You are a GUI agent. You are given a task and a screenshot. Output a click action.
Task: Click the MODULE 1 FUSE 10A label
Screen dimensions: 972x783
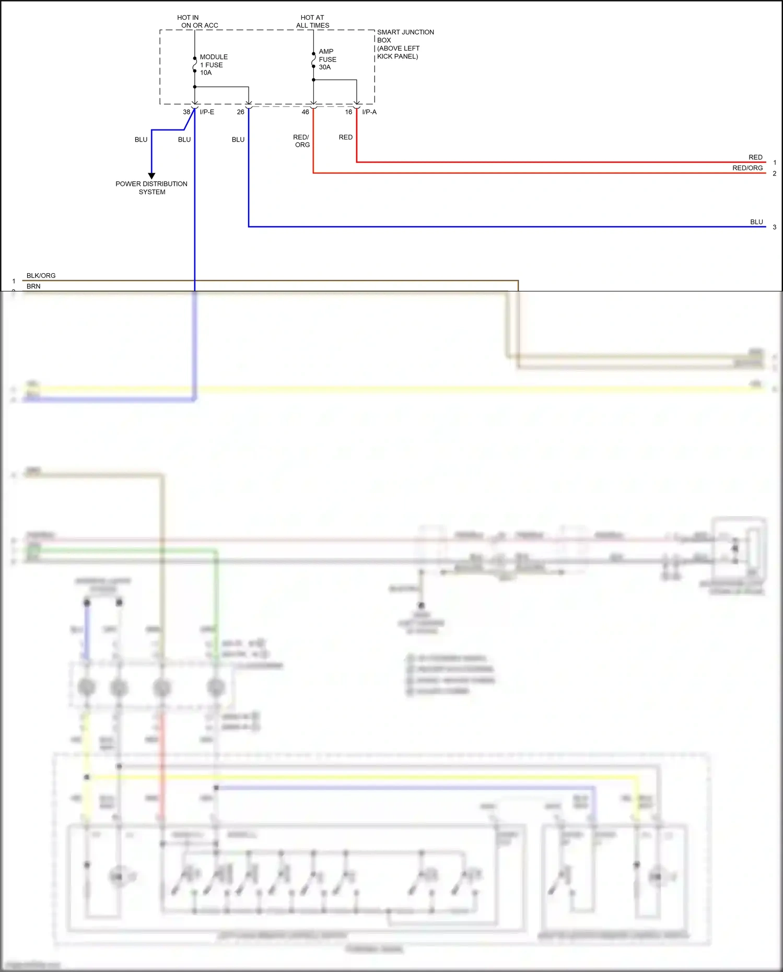point(213,65)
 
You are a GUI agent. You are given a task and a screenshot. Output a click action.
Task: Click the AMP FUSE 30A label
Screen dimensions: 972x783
point(327,59)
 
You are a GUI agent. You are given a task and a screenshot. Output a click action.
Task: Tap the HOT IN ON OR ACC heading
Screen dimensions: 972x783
point(198,21)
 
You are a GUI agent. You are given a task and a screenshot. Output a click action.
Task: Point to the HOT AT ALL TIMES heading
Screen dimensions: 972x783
point(312,21)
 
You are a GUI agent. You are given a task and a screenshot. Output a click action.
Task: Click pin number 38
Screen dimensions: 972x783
point(186,112)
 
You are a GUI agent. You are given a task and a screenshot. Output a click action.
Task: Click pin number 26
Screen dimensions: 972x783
point(240,112)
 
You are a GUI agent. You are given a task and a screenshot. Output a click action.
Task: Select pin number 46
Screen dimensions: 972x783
point(305,112)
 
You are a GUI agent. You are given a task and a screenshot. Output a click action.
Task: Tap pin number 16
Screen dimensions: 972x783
point(348,112)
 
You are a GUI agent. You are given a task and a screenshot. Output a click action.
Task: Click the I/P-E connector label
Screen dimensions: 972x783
point(207,112)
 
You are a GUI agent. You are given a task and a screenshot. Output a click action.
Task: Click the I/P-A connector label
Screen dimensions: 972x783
point(369,112)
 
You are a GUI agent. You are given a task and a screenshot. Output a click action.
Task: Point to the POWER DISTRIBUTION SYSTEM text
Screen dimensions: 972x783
point(151,188)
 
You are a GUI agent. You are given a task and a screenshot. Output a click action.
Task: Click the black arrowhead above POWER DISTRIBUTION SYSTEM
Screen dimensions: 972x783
point(151,176)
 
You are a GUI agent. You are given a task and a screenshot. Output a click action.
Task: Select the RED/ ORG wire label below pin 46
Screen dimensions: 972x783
point(301,141)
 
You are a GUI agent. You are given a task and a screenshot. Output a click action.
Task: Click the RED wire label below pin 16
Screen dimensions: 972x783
point(345,137)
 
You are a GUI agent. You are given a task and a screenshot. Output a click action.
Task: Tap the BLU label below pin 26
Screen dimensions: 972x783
point(238,139)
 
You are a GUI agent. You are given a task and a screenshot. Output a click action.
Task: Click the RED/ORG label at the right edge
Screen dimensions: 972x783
point(747,168)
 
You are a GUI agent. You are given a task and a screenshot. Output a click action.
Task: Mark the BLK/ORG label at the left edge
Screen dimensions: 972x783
point(41,275)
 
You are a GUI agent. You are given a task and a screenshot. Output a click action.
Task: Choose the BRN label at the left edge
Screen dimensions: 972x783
point(33,286)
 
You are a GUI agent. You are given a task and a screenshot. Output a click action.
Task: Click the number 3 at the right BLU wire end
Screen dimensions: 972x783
point(774,227)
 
